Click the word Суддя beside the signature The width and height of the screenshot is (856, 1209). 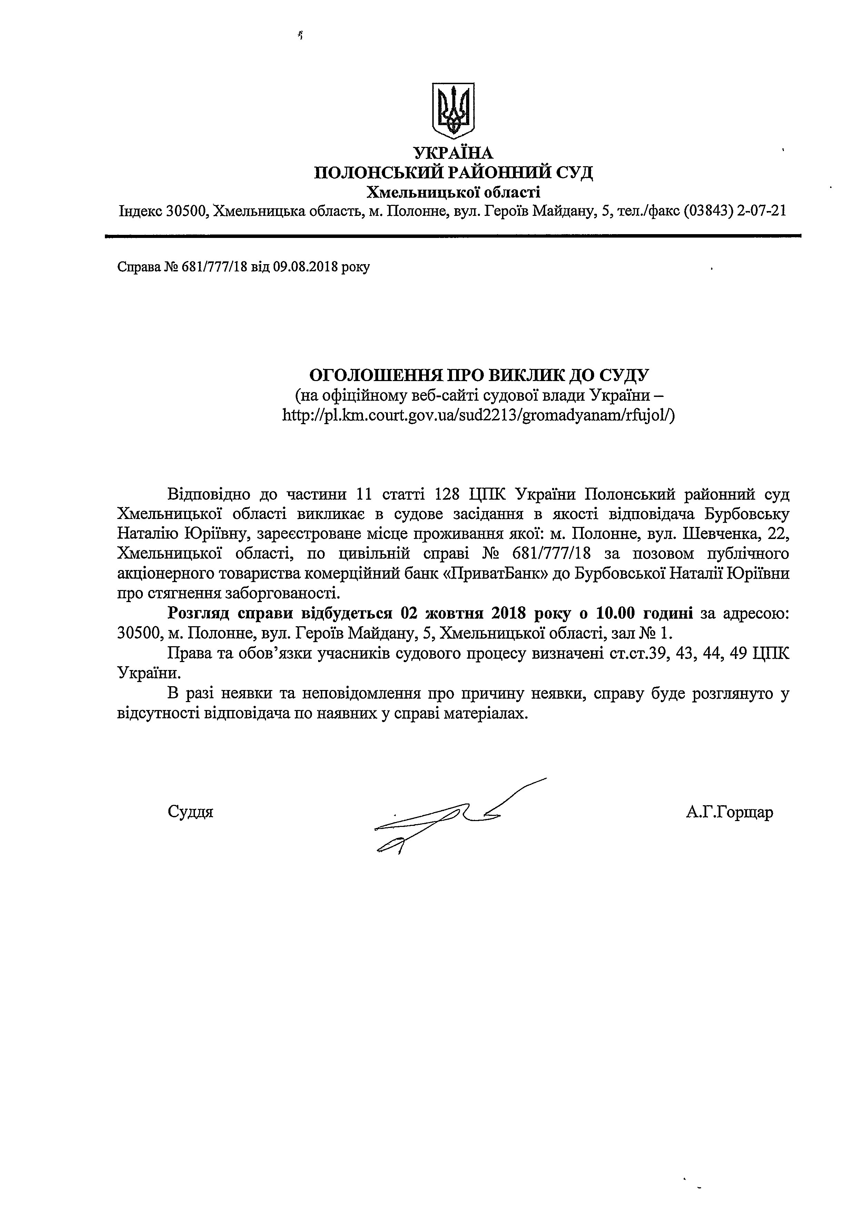point(190,812)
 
